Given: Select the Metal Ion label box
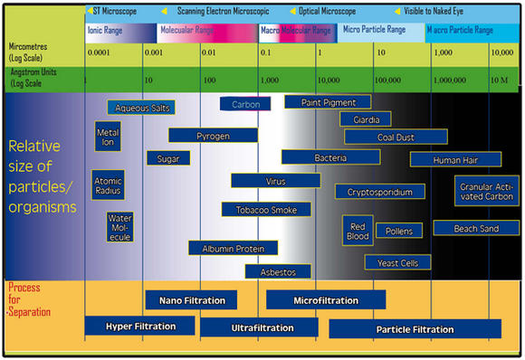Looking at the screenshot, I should click(x=108, y=137).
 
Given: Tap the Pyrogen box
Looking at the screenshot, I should click(x=214, y=136).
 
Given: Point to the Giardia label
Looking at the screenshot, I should click(x=366, y=118).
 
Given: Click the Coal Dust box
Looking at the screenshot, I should click(x=396, y=137).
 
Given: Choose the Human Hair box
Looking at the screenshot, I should click(x=455, y=159).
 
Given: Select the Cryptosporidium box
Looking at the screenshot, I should click(x=379, y=192).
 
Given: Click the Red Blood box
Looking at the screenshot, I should click(x=358, y=231).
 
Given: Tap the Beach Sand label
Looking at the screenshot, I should click(x=476, y=229).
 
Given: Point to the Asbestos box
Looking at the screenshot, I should click(x=277, y=270).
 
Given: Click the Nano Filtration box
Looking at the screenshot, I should click(x=191, y=299).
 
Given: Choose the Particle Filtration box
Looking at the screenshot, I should click(x=415, y=328).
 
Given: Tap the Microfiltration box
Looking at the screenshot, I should click(x=326, y=299).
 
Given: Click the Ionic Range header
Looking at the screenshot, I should click(x=107, y=30).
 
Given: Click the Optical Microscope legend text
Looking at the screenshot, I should click(x=327, y=11).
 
